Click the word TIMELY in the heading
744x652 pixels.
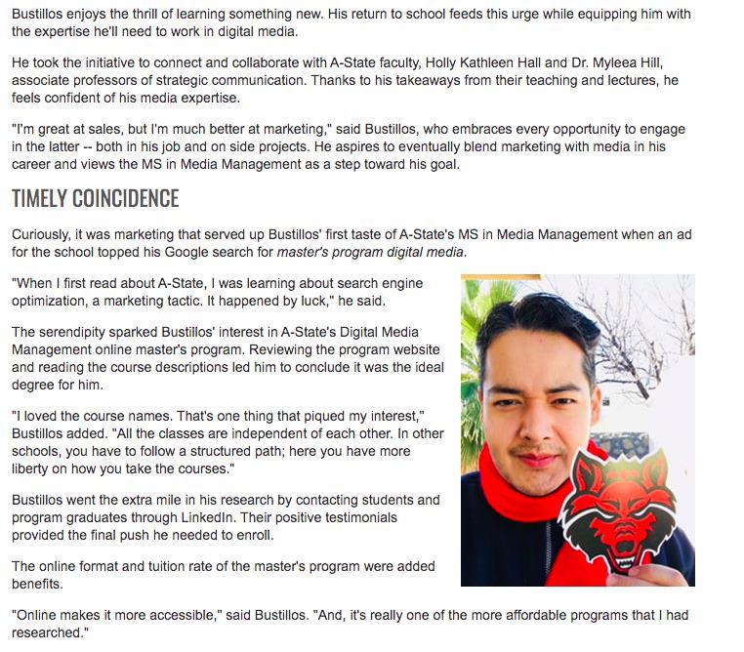pyautogui.click(x=38, y=199)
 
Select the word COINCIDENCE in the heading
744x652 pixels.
pyautogui.click(x=126, y=199)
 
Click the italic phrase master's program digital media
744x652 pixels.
pyautogui.click(x=371, y=253)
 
